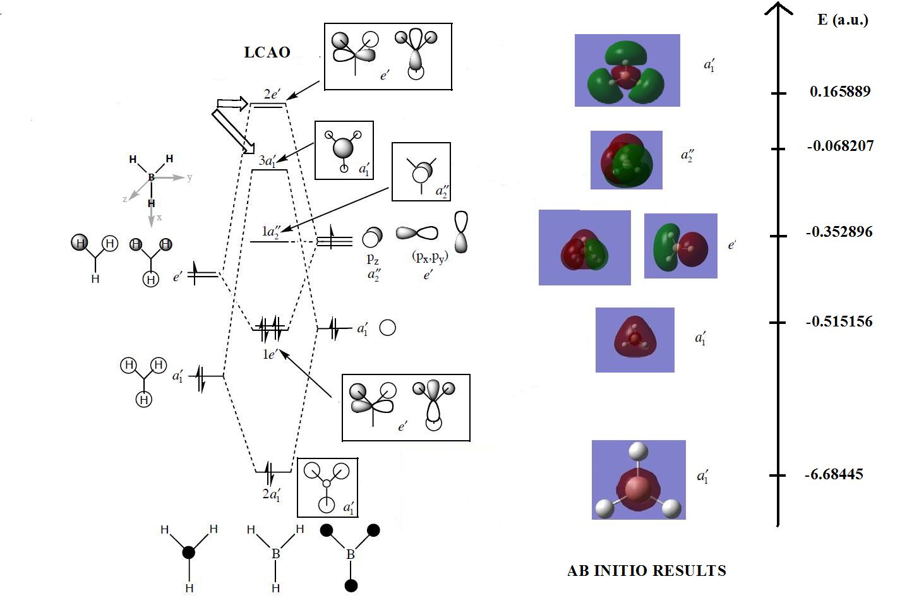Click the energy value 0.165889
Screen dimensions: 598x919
click(839, 92)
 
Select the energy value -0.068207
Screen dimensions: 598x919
click(840, 146)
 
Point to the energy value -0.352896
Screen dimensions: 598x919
click(839, 232)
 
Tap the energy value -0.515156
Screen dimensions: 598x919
click(839, 321)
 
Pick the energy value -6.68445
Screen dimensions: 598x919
click(834, 474)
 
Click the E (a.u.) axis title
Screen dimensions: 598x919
click(843, 20)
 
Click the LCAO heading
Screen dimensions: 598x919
click(267, 52)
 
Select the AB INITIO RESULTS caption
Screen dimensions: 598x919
click(647, 571)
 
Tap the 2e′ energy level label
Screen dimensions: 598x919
click(272, 94)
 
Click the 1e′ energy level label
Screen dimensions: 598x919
click(270, 354)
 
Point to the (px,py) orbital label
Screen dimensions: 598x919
click(429, 256)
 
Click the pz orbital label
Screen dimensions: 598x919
click(373, 258)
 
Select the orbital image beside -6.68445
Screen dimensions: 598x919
click(638, 480)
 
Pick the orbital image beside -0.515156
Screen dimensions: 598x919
click(635, 340)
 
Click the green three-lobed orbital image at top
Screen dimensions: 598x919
click(627, 70)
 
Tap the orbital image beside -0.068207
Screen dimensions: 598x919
click(626, 160)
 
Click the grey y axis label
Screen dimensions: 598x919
click(189, 177)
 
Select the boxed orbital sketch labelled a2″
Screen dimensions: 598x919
click(421, 172)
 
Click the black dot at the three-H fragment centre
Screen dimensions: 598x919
click(188, 553)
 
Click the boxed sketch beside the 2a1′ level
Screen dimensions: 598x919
click(327, 487)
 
